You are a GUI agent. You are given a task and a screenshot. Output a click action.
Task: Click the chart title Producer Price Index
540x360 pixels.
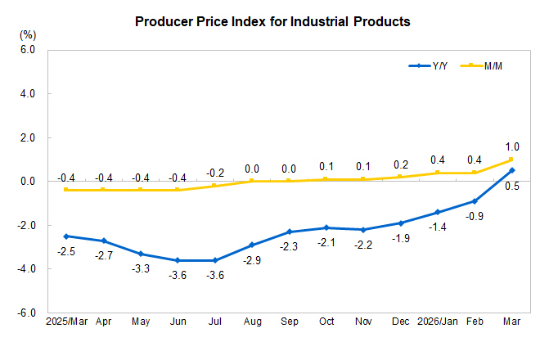[x=272, y=22]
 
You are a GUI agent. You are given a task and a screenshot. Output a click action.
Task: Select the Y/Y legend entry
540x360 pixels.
[x=430, y=65]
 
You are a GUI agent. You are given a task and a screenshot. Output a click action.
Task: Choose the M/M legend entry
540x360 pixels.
[x=486, y=65]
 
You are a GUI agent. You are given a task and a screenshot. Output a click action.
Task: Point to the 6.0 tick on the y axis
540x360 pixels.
[x=27, y=50]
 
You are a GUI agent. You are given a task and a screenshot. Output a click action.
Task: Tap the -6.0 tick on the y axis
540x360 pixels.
[x=26, y=313]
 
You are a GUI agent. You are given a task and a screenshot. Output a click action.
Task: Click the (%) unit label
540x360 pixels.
[x=28, y=35]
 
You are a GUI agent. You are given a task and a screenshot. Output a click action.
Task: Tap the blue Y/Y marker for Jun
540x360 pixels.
[x=178, y=260]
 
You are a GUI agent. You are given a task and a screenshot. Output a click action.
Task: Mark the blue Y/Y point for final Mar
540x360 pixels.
[x=511, y=170]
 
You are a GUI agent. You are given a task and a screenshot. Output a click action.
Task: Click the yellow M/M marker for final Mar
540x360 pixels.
[x=511, y=160]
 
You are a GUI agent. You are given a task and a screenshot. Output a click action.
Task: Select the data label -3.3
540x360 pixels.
[x=141, y=269]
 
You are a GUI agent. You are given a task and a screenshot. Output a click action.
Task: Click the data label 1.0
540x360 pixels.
[x=511, y=147]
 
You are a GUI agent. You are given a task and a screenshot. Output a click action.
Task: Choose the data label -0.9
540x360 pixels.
[x=474, y=216]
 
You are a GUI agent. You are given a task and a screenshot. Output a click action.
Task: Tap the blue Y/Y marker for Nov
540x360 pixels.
[x=362, y=229]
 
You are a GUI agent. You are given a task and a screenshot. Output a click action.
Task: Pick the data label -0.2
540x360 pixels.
[x=214, y=173]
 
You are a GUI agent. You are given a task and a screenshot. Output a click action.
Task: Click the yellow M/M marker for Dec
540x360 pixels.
[x=400, y=177]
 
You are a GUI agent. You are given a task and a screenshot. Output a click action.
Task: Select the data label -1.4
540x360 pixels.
[x=437, y=227]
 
